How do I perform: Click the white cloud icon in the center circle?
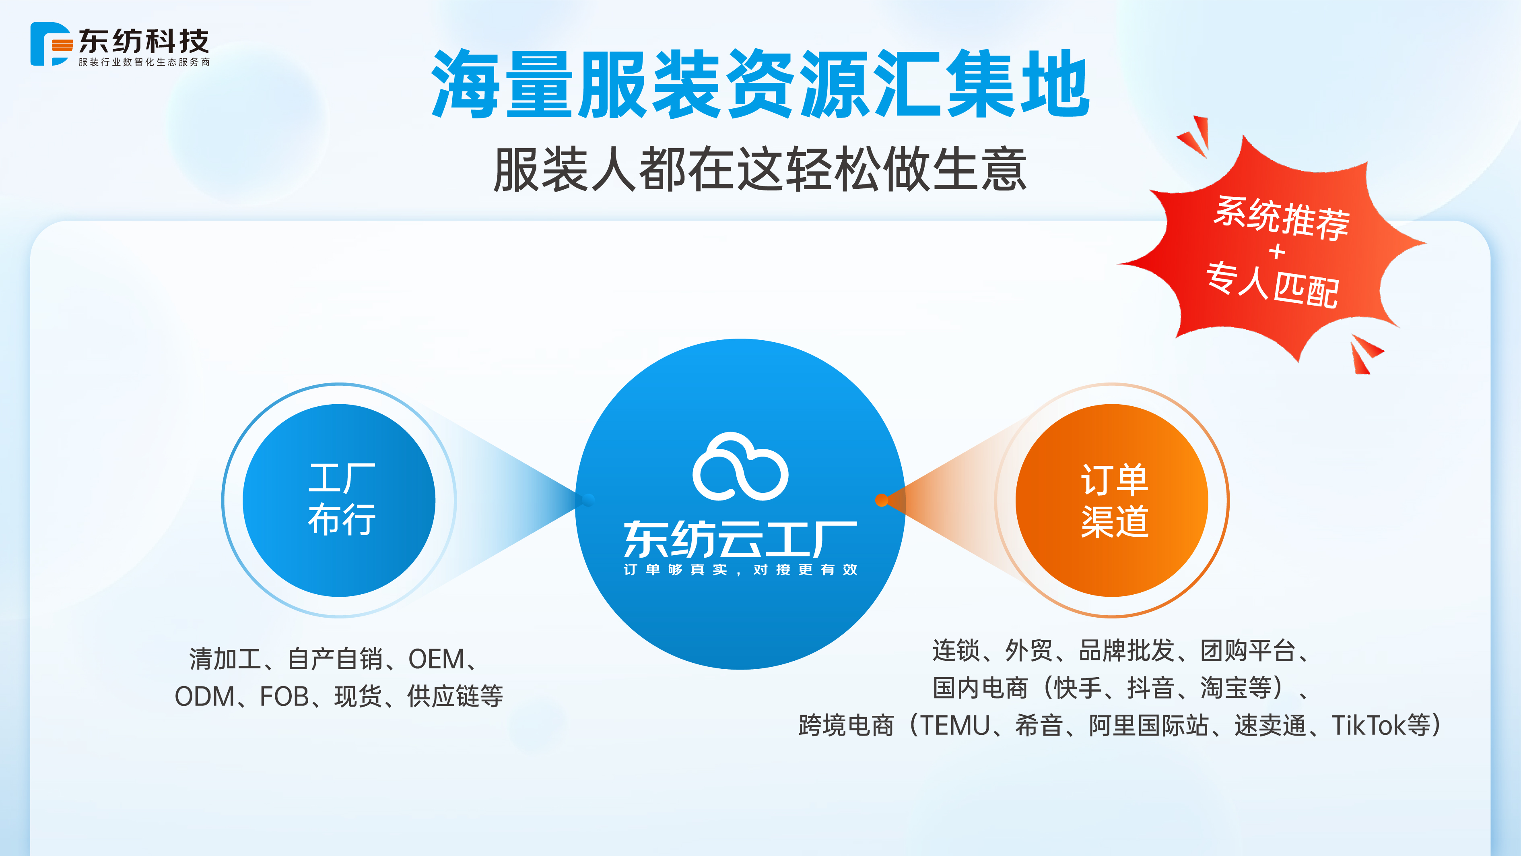740,467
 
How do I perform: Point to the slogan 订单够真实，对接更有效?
740,569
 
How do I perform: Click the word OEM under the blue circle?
436,659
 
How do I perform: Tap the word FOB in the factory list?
284,697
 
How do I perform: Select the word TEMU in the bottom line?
955,726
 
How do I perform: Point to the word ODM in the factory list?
205,697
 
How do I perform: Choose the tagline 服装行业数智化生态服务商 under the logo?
144,62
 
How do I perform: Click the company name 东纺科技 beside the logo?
144,41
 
